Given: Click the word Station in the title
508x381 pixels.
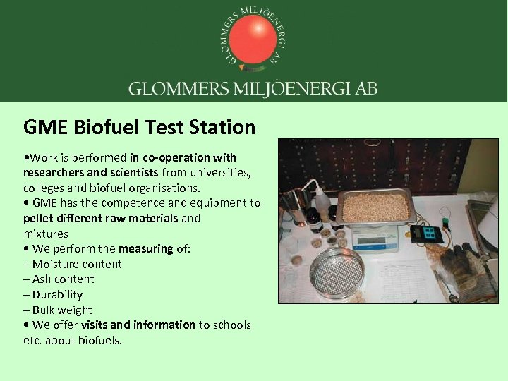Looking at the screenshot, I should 222,128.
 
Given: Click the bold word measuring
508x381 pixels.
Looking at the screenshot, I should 145,248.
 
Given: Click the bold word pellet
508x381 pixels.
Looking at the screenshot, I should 37,218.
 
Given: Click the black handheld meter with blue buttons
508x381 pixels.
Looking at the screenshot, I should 427,234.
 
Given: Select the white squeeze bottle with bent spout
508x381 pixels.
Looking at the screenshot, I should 322,205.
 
